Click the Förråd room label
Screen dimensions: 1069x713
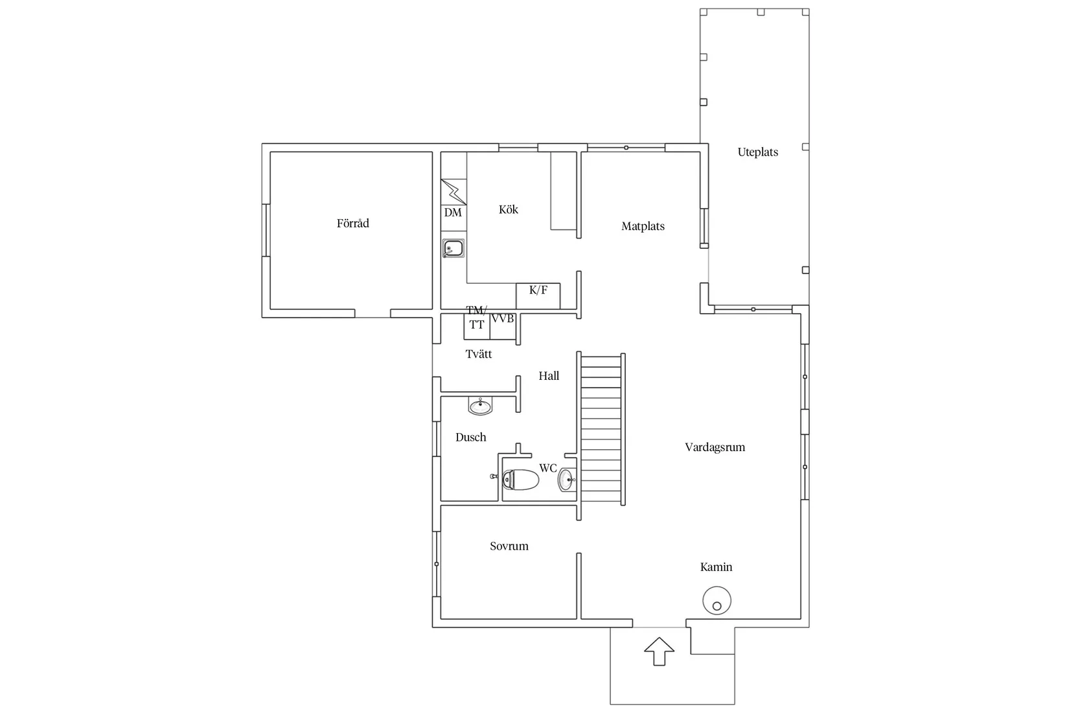pyautogui.click(x=352, y=223)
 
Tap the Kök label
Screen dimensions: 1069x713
pyautogui.click(x=508, y=209)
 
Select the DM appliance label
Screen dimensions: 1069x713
pyautogui.click(x=453, y=213)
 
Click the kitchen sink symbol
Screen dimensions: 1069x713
pyautogui.click(x=453, y=248)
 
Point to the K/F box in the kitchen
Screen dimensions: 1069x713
pyautogui.click(x=538, y=296)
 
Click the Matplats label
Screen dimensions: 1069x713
pyautogui.click(x=643, y=226)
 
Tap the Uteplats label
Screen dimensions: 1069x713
pyautogui.click(x=758, y=152)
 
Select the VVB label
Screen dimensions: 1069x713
pyautogui.click(x=503, y=318)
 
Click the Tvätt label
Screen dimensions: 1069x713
pyautogui.click(x=479, y=354)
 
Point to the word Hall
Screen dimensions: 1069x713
pyautogui.click(x=549, y=376)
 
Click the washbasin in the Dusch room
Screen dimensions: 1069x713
pyautogui.click(x=480, y=406)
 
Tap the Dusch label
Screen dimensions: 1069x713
pyautogui.click(x=470, y=437)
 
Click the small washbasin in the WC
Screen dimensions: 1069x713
pyautogui.click(x=566, y=480)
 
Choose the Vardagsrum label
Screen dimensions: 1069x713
pyautogui.click(x=715, y=447)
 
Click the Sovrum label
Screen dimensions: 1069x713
pyautogui.click(x=509, y=546)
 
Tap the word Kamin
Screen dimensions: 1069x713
pyautogui.click(x=716, y=567)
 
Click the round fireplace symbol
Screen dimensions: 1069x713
pyautogui.click(x=717, y=601)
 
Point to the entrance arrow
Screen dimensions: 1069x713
pyautogui.click(x=659, y=651)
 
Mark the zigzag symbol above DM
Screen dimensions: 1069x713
pyautogui.click(x=454, y=192)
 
